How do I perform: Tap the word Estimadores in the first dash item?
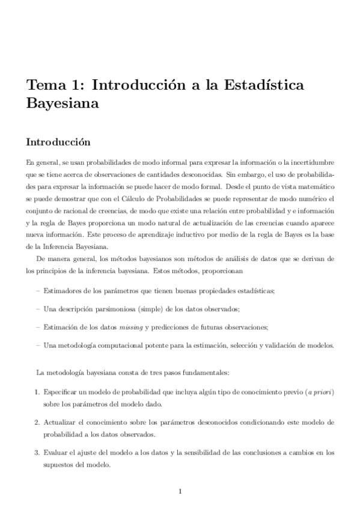pos(63,290)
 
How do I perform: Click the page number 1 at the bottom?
pos(180,493)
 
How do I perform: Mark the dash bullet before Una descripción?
pos(39,309)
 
